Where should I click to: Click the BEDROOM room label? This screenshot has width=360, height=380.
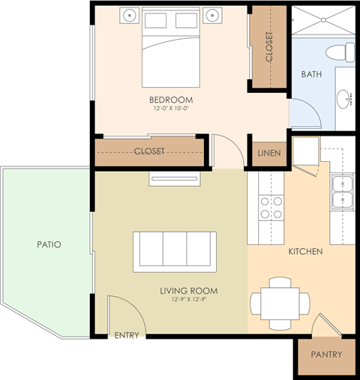pos(172,100)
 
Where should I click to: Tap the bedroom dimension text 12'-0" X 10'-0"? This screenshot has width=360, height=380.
pos(172,109)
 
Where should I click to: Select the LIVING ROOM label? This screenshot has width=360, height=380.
pos(188,291)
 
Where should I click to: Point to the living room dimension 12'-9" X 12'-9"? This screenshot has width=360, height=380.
pos(188,300)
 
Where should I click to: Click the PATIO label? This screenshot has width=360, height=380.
pos(48,244)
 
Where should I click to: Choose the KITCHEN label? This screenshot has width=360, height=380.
pos(305,251)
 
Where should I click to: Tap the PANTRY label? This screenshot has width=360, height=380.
pos(325,355)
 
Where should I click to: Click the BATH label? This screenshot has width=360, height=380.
pos(311,74)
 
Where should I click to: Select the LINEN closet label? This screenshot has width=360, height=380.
pos(268,153)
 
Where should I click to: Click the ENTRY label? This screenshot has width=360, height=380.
pos(127,335)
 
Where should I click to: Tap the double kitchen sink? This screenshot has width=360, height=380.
pos(342,192)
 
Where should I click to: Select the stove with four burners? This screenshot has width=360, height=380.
pos(271,208)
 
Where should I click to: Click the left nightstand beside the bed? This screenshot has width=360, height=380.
pos(130,16)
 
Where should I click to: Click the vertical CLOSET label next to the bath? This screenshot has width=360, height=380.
pos(269,46)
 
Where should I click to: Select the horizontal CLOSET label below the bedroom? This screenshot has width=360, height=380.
pos(148,151)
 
